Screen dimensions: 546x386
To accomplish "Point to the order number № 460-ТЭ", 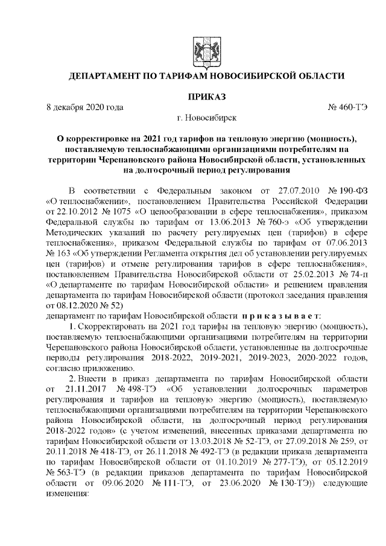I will point(346,107).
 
